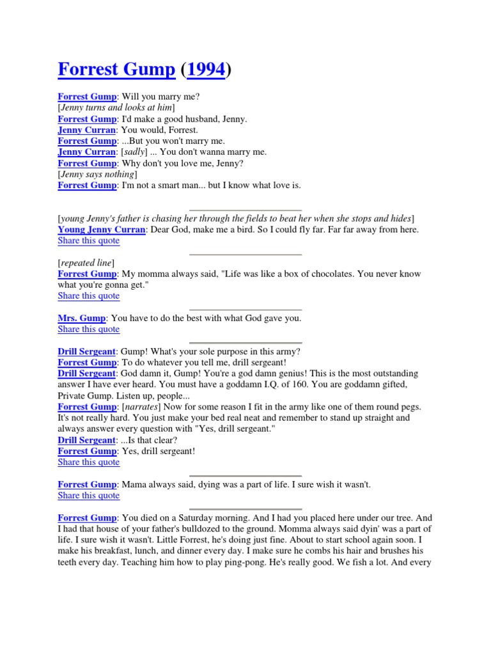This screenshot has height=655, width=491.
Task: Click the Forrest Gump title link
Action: coord(116,70)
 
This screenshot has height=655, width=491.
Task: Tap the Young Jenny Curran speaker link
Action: coord(102,230)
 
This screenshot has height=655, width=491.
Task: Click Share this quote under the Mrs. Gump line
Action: coord(88,329)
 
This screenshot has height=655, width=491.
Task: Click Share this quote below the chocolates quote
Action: coord(88,296)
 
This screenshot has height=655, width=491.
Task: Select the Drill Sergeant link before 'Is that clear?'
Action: coord(87,440)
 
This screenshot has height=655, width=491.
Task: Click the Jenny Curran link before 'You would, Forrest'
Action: coord(86,130)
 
